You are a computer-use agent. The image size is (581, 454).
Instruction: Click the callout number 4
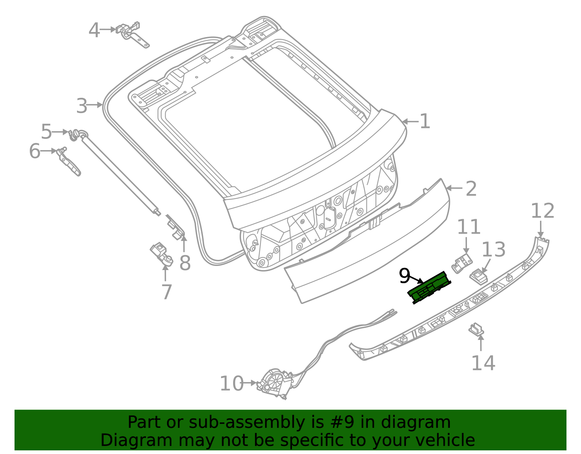coord(94,30)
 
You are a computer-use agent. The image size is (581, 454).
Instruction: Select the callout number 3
coord(82,106)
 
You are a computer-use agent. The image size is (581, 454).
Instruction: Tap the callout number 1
coord(424,121)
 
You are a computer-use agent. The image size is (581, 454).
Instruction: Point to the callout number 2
coord(471,189)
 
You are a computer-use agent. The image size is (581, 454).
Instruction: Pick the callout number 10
coord(231,383)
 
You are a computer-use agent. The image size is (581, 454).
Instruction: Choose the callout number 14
coord(483,363)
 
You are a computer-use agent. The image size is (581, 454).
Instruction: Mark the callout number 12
coord(543,211)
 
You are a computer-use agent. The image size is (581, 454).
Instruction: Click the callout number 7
coord(166,292)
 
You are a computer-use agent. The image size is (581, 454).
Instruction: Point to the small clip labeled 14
coord(476,329)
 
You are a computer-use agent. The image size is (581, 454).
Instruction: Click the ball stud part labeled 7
coord(162,254)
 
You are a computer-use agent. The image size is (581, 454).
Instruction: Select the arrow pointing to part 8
coord(184,243)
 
